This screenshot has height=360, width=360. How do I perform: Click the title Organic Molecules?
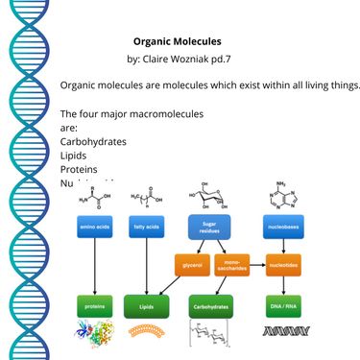177,42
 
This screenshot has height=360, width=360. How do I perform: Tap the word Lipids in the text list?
73,155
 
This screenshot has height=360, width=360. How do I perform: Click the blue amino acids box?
95,227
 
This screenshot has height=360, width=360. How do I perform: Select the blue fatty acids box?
147,227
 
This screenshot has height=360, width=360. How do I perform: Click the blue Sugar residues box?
208,227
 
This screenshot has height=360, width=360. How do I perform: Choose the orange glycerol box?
190,263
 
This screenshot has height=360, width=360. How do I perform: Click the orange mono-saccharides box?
232,263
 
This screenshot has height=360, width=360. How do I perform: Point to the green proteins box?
95,307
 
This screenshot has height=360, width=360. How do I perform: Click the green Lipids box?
147,307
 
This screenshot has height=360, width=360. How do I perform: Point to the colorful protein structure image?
95,332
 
